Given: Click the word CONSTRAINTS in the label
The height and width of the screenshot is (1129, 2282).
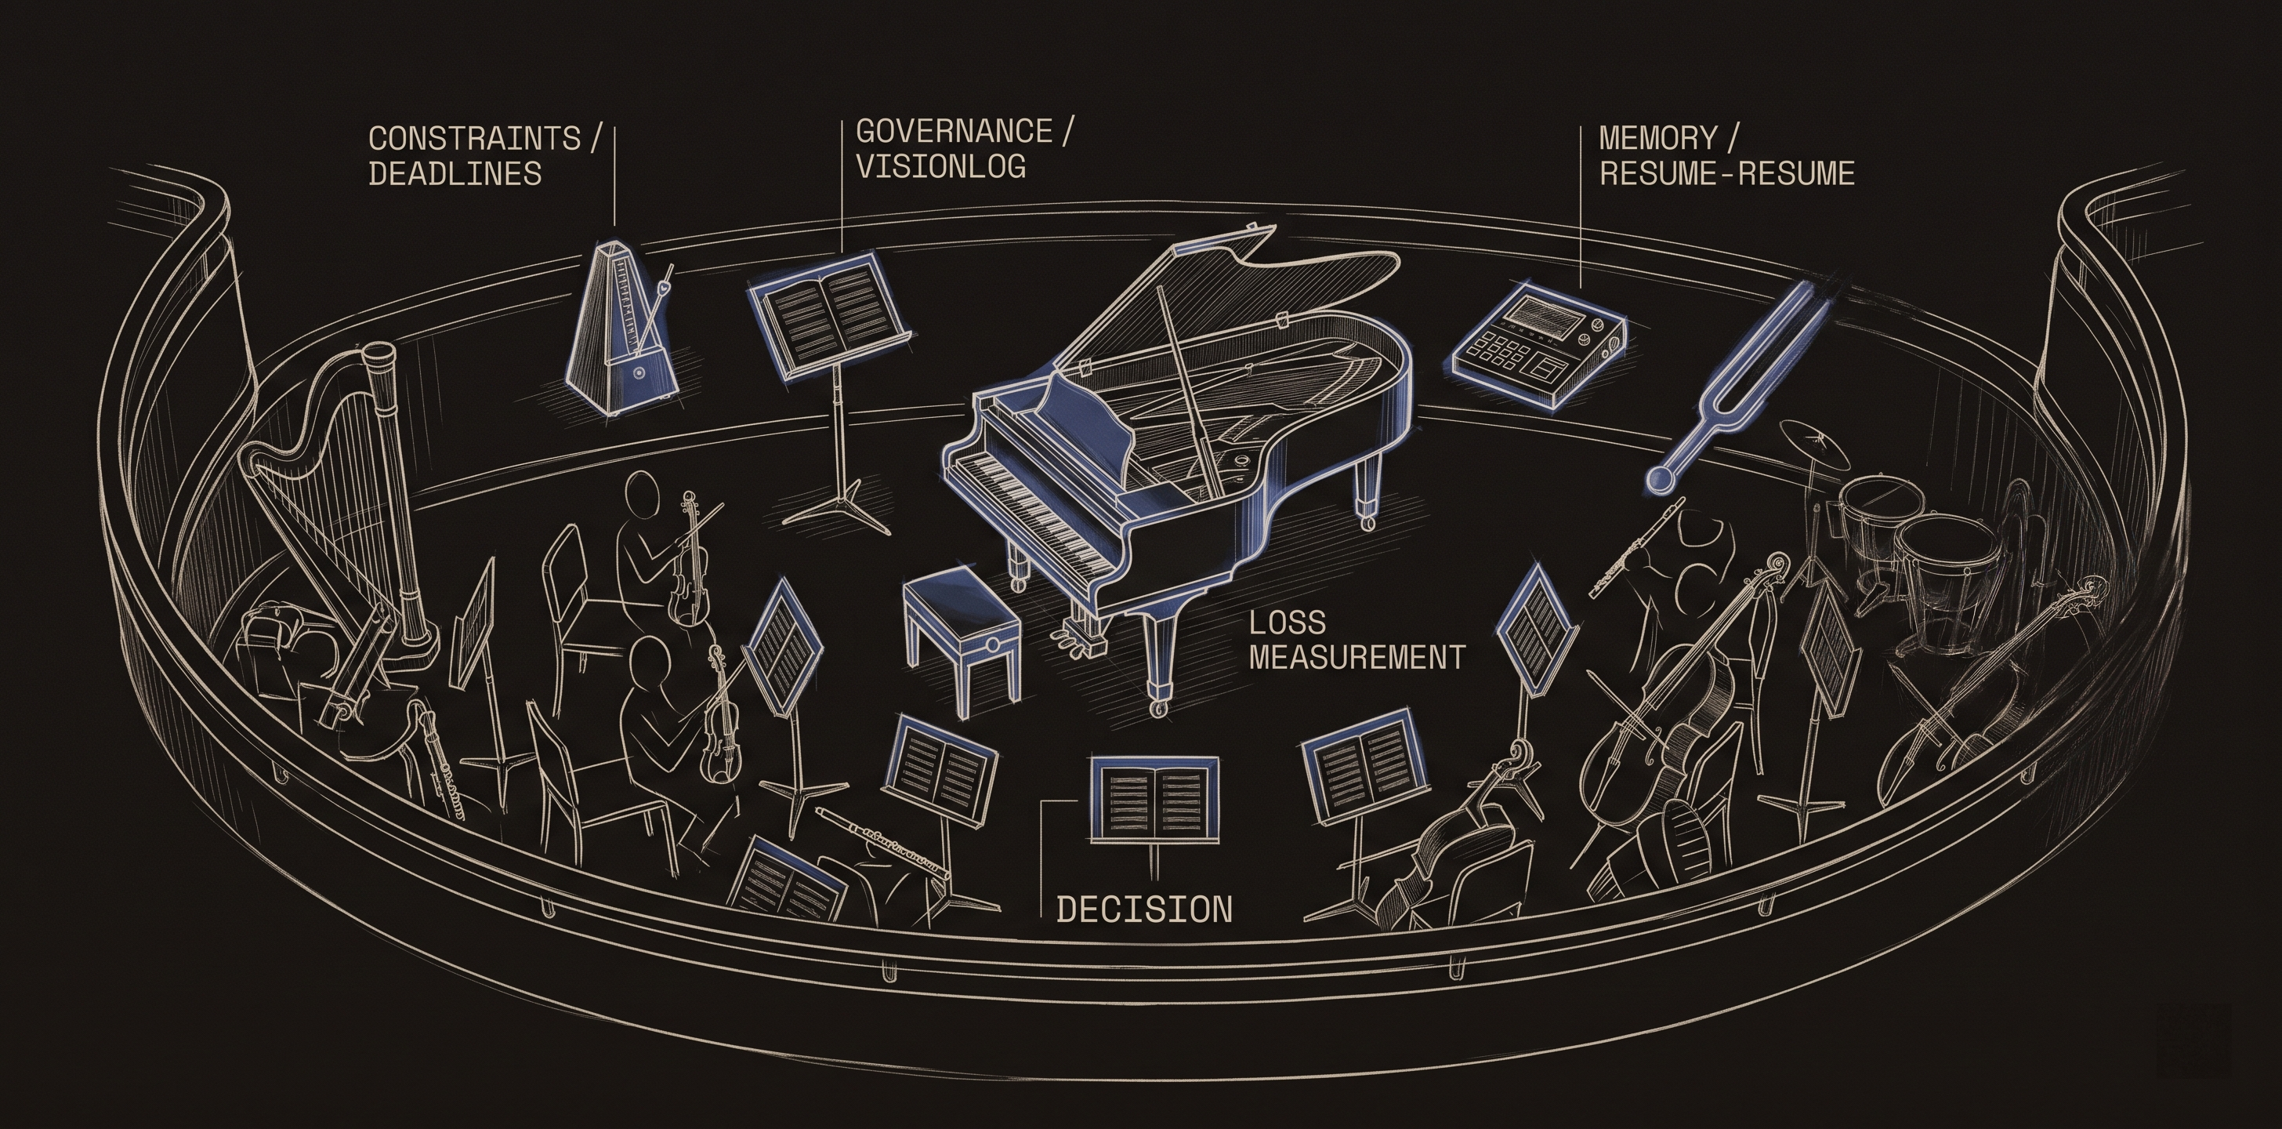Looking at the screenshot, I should tap(474, 138).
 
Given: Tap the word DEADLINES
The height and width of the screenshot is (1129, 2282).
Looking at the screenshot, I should tap(455, 174).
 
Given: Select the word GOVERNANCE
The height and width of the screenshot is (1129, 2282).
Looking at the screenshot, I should tap(953, 131).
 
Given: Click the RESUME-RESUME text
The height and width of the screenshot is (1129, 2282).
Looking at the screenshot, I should tap(1726, 174).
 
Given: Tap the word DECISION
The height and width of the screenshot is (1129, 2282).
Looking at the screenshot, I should tap(1143, 909).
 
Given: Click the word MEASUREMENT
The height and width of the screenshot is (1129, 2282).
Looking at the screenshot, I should tap(1356, 658).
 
